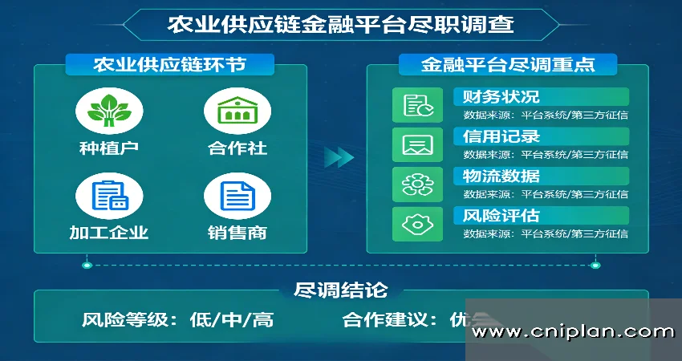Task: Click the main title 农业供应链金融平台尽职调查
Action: pyautogui.click(x=340, y=23)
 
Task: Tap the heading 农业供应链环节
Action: pyautogui.click(x=170, y=64)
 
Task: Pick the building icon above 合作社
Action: pyautogui.click(x=232, y=111)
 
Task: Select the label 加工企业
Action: pyautogui.click(x=109, y=233)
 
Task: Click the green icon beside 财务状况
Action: pyautogui.click(x=418, y=106)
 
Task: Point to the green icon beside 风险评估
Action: pyautogui.click(x=418, y=224)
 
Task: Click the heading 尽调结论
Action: pyautogui.click(x=340, y=290)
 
